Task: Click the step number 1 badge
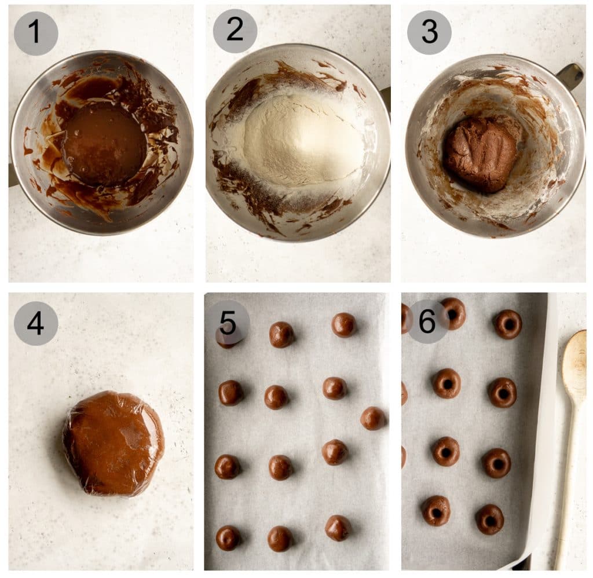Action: coord(36,33)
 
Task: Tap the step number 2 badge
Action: coord(235,31)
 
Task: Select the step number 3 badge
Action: coord(429,32)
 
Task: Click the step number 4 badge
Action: coord(36,323)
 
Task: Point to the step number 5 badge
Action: coord(228,323)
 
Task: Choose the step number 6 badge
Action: coord(427,321)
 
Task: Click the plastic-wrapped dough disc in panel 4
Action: coord(114,443)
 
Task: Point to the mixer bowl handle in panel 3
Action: coord(570,75)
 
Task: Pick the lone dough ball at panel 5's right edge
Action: coord(372,418)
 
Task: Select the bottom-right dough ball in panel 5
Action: coord(338,528)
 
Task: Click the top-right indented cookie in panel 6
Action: coord(508,324)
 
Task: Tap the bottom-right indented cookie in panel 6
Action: coord(490,519)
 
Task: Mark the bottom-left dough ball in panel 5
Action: coord(228,537)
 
